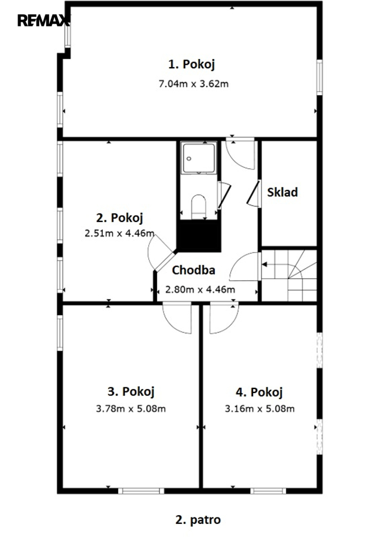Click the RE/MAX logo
point(44,20)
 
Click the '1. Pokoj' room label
point(192,64)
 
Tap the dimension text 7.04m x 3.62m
point(193,84)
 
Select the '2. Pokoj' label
point(119,218)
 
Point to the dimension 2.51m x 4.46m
point(119,233)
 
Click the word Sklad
point(282,192)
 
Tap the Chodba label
point(193,270)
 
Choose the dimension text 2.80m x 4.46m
point(200,289)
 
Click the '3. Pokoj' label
point(131,392)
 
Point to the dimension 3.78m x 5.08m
point(131,409)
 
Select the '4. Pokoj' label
point(259,392)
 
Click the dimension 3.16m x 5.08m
point(259,409)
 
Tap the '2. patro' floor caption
point(198,520)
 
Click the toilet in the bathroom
point(199,206)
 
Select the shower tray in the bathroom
point(199,158)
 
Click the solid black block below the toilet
point(199,236)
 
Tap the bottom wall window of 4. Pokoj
point(268,491)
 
